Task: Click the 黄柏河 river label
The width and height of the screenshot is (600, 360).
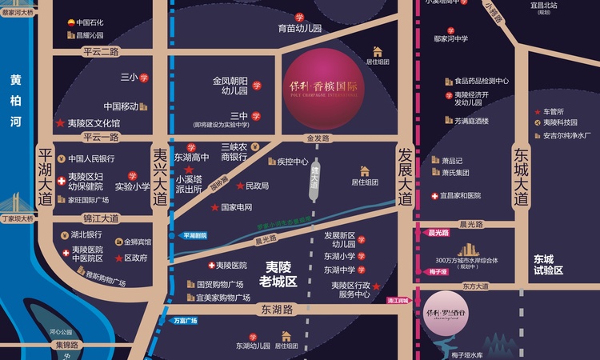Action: point(16,101)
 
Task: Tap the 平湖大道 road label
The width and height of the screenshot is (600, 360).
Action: point(44,176)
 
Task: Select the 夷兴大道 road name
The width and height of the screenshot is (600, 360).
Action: point(160,176)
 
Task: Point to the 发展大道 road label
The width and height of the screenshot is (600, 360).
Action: point(406,177)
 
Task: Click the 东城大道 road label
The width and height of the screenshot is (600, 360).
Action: point(522,177)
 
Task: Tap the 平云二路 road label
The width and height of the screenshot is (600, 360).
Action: point(100,51)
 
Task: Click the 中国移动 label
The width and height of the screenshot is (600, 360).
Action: point(121,106)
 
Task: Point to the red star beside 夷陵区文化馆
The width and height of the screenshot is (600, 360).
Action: point(59,124)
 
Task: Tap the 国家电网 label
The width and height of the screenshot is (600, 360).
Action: point(237,208)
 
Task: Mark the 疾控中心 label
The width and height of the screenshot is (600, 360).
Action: point(293,162)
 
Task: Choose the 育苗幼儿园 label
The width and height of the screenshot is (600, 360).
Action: point(299,28)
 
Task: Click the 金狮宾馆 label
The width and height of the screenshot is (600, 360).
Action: point(137,241)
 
